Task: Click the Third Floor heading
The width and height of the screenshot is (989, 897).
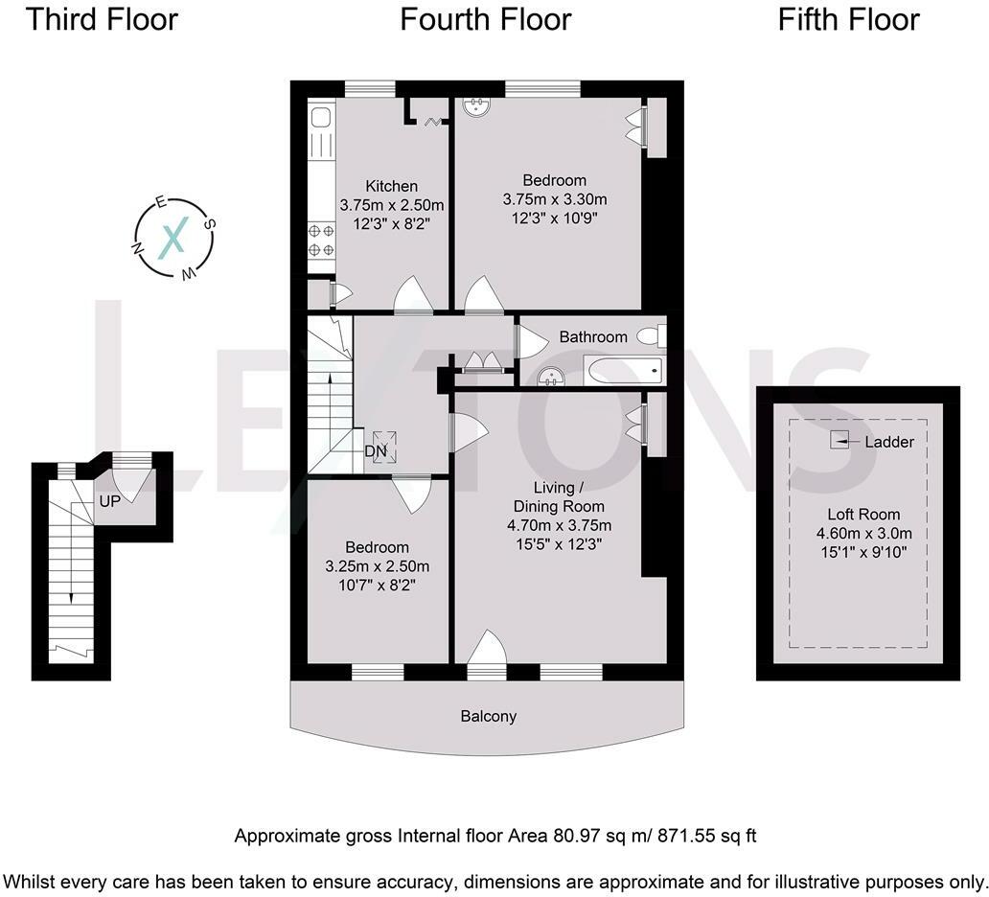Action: tap(103, 19)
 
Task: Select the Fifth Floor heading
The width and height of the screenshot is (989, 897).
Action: tap(848, 19)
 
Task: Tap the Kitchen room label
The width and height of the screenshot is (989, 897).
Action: tap(392, 186)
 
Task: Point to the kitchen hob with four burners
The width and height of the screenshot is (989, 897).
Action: tap(322, 241)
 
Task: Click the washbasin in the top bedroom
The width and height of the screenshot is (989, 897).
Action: tap(475, 107)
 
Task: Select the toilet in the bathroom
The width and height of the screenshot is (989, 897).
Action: tap(651, 335)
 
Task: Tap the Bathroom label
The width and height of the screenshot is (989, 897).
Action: tap(593, 336)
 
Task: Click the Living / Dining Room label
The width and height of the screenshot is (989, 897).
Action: tap(559, 497)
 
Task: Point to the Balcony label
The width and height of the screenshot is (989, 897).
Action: tap(488, 717)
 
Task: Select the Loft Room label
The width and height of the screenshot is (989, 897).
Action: tap(863, 514)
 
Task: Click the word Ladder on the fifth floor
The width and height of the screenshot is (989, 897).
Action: tap(889, 442)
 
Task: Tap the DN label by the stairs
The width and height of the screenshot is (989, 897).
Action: tap(376, 451)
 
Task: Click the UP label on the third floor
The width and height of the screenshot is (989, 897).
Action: tap(110, 501)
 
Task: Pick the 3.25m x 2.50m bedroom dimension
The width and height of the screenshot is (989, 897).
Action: tap(378, 566)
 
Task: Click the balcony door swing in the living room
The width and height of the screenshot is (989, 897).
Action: tap(487, 647)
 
